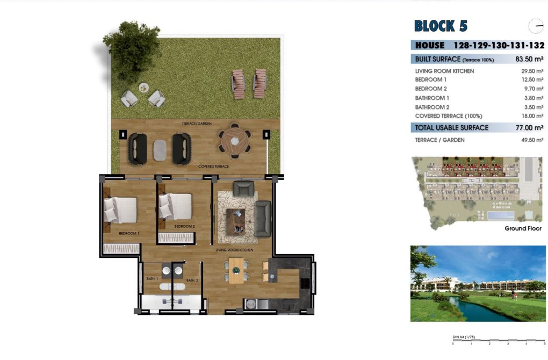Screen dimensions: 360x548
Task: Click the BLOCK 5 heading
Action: [x=441, y=26]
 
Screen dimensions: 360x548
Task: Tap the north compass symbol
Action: [x=536, y=26]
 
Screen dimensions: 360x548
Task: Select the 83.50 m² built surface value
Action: [x=529, y=59]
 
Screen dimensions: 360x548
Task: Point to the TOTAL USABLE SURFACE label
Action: [x=451, y=128]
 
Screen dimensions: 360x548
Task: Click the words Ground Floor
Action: [x=523, y=229]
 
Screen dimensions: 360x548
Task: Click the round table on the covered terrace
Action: [x=234, y=141]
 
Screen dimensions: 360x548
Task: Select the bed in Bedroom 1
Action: [x=120, y=209]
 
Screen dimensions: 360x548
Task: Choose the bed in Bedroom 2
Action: [x=175, y=205]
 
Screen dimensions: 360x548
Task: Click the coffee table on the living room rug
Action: [x=236, y=221]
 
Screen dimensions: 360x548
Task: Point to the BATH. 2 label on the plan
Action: [x=192, y=280]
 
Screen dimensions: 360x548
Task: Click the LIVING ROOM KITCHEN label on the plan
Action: [x=234, y=250]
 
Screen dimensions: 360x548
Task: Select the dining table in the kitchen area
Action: [x=236, y=270]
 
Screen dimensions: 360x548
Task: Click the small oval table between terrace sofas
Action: [x=160, y=149]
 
